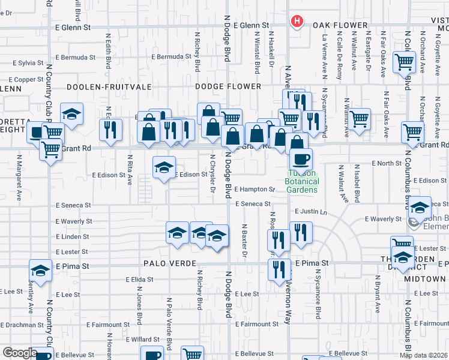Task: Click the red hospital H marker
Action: click(x=296, y=22)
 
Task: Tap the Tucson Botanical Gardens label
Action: click(x=301, y=182)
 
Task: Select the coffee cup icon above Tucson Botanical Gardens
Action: click(x=301, y=160)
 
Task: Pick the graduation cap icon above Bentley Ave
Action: click(x=40, y=271)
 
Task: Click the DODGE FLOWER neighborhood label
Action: click(x=229, y=86)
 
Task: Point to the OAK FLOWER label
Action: click(x=340, y=25)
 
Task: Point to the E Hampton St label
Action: click(x=254, y=189)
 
